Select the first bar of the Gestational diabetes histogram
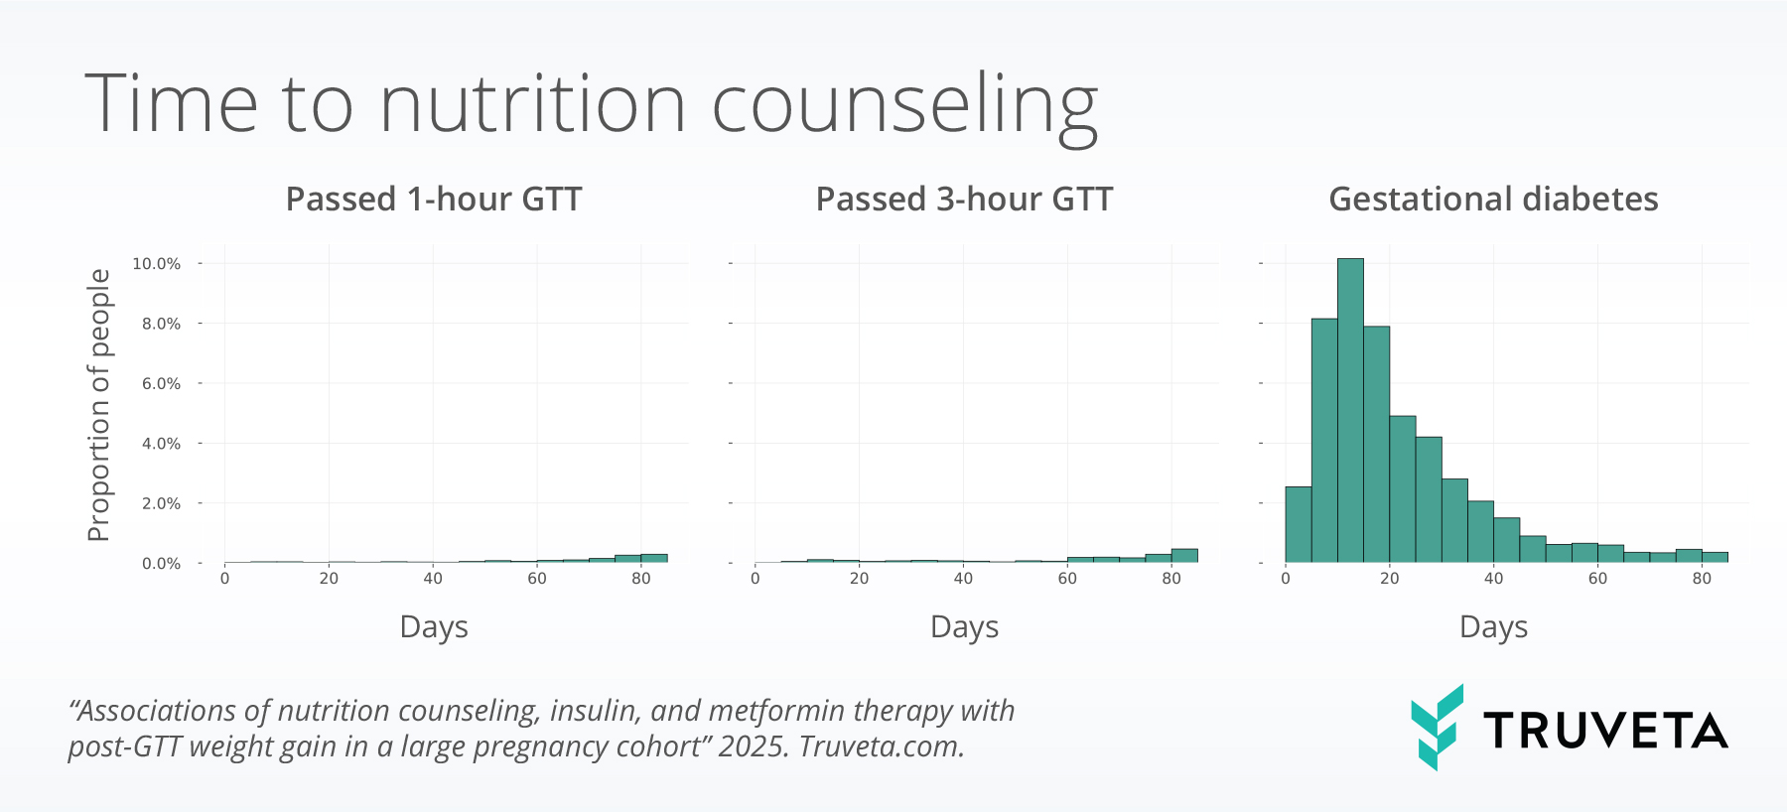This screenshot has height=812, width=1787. (1299, 525)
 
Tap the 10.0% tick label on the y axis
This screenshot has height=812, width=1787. (157, 264)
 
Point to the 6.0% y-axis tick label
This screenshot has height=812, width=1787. (161, 384)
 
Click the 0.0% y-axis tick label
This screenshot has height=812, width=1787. (161, 564)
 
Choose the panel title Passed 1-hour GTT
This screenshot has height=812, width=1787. (434, 200)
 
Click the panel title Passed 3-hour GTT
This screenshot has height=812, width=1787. (964, 200)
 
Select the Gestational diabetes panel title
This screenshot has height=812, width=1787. (1493, 200)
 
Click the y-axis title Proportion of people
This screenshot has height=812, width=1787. (99, 405)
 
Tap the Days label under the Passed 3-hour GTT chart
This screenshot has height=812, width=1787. (964, 627)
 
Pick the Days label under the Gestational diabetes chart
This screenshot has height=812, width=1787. (1493, 627)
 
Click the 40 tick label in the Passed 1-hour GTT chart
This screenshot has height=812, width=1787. (433, 579)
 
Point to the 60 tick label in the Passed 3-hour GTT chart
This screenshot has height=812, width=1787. (1067, 579)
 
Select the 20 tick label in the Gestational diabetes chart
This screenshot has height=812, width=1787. (1389, 579)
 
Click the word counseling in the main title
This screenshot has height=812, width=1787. (904, 105)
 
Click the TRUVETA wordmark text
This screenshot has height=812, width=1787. (1605, 732)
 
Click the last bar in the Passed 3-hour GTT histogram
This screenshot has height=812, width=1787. (1184, 556)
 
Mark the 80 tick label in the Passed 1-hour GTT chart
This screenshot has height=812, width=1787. (641, 579)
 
